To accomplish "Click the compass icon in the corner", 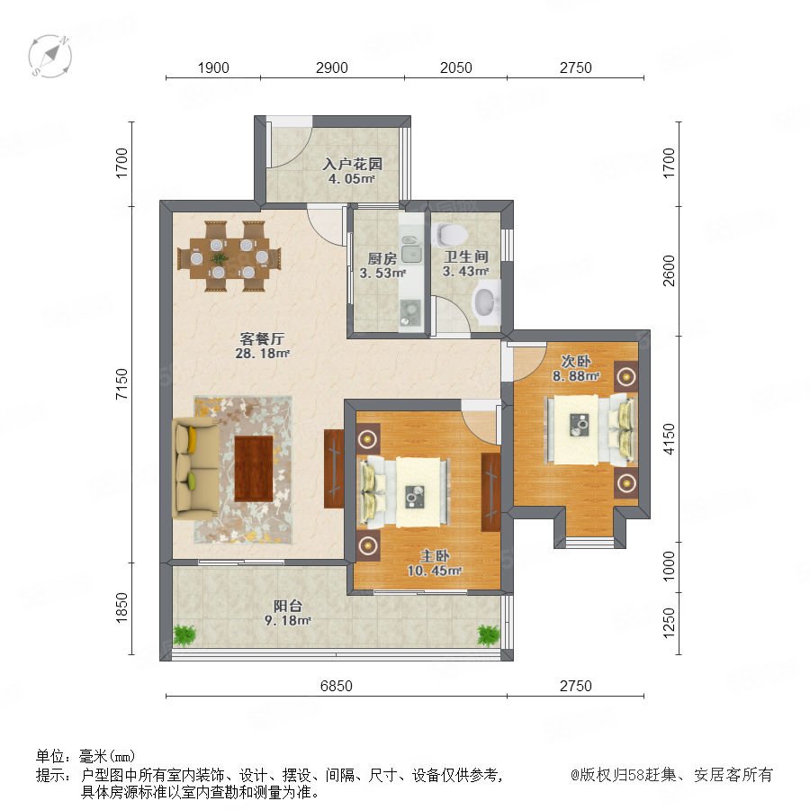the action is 50,56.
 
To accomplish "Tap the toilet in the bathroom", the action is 451,235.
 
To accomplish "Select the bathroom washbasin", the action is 487,302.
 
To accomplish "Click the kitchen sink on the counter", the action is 411,253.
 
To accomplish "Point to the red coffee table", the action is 253,469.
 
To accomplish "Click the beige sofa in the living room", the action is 194,468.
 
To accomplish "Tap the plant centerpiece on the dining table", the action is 219,257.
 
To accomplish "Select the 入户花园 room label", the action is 352,165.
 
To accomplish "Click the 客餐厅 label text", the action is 262,339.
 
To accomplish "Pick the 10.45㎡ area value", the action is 434,571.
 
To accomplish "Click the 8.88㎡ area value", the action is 575,376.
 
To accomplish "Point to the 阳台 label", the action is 287,606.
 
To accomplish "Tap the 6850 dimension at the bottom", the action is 337,686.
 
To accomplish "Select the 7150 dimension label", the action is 121,383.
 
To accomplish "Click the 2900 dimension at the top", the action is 331,67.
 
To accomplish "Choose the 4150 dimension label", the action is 669,438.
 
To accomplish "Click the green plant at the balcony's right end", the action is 488,634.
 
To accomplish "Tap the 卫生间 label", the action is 465,256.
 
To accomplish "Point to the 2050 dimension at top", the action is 455,67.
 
